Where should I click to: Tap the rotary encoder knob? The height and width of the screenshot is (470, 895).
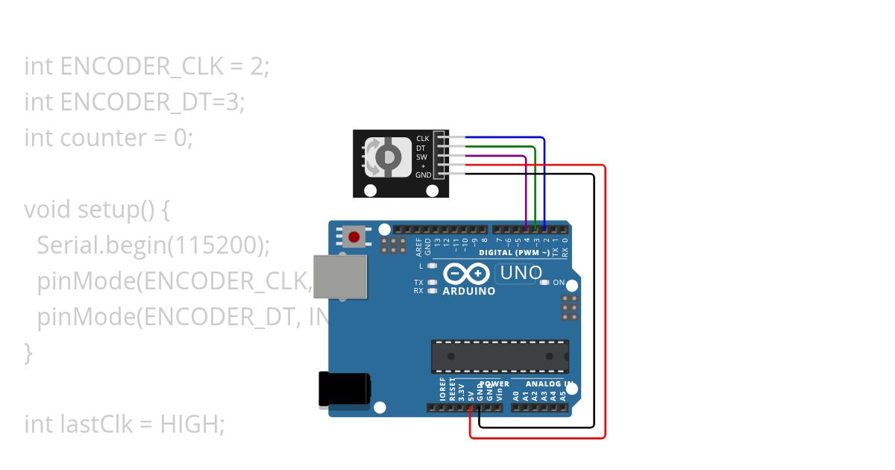click(389, 156)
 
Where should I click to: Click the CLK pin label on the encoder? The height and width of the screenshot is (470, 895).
click(423, 139)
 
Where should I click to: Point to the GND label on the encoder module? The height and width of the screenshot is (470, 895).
click(423, 175)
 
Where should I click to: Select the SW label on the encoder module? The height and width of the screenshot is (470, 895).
click(421, 157)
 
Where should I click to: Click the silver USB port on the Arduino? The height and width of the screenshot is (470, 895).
click(340, 277)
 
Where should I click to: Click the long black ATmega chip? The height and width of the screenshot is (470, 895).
click(500, 356)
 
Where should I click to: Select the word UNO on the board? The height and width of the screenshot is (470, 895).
click(521, 274)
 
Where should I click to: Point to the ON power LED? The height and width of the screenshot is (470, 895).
click(545, 283)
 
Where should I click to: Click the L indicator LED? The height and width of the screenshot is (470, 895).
click(432, 266)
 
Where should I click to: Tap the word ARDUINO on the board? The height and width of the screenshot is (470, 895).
click(468, 291)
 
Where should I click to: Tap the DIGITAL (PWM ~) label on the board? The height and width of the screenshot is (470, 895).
click(515, 253)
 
